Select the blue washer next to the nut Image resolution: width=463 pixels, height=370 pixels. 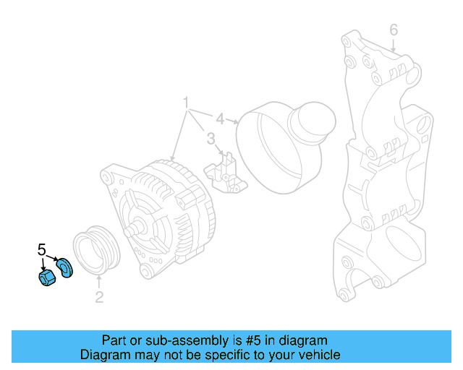coord(64,267)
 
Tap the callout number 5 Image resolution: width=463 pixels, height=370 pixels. coord(41,250)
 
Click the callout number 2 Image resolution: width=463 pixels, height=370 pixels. coord(99,296)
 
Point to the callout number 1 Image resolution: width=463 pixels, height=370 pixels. coord(186,101)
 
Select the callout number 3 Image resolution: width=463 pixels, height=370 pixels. coord(211,138)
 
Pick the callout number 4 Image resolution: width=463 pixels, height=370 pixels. coord(220,119)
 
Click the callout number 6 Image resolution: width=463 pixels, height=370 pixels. coord(394,30)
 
